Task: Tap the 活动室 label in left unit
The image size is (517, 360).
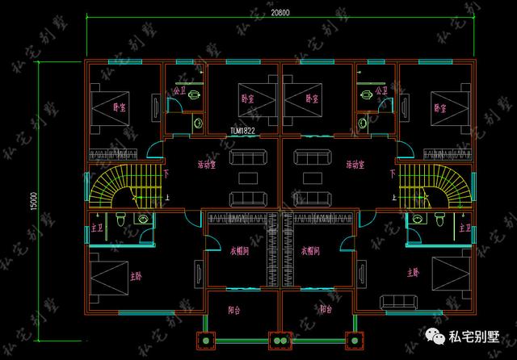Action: [208, 164]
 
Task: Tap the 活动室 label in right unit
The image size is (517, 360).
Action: [355, 164]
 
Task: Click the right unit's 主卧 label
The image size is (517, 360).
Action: [414, 272]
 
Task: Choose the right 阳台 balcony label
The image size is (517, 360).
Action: [326, 309]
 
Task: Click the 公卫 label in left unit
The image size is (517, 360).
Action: [178, 90]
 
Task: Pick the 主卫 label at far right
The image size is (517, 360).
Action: [464, 229]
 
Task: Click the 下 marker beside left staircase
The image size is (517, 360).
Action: [166, 172]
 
